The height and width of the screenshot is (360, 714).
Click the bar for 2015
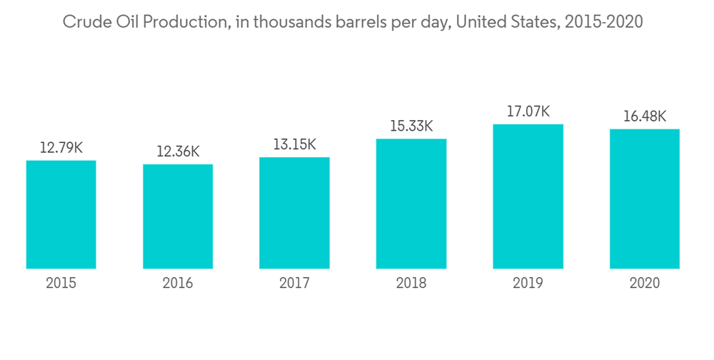[61, 214]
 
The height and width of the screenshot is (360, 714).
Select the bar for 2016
[178, 216]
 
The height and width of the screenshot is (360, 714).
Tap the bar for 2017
[294, 213]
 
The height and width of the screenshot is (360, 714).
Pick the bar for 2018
[411, 204]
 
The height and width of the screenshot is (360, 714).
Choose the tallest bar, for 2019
[528, 196]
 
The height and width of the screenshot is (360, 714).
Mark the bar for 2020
[645, 199]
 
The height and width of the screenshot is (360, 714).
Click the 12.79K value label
[61, 149]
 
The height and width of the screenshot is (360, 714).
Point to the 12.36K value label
[178, 152]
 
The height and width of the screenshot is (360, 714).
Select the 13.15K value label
[294, 145]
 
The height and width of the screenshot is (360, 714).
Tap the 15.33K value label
[411, 126]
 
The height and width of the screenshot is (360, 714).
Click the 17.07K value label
[528, 112]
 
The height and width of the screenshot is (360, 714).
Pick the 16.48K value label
[645, 116]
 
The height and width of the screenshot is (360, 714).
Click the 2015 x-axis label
[61, 284]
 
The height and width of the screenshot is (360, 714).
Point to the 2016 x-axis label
[178, 284]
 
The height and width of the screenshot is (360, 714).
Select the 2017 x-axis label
[294, 284]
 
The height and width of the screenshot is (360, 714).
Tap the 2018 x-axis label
[411, 284]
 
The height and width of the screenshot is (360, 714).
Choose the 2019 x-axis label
[528, 284]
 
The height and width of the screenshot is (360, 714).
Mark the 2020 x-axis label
[645, 284]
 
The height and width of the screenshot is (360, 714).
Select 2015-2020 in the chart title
[603, 22]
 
